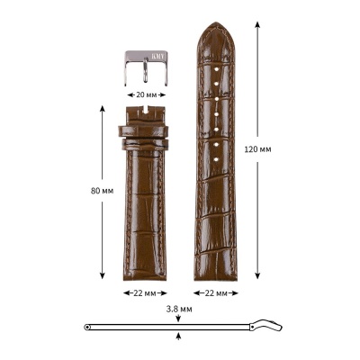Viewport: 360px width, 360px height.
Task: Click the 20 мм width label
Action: (145, 94)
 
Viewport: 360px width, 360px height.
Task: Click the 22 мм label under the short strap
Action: (145, 293)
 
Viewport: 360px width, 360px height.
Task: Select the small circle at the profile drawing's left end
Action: (86, 326)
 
